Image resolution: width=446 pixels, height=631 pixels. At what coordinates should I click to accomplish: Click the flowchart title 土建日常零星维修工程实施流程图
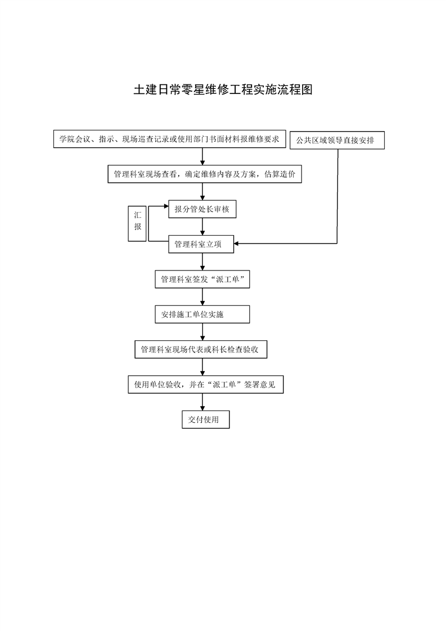[223, 90]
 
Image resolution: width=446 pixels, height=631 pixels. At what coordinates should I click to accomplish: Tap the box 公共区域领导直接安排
[337, 140]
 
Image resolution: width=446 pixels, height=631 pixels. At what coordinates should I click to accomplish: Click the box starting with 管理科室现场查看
[205, 174]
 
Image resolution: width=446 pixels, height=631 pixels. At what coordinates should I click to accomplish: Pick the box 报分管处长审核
[202, 209]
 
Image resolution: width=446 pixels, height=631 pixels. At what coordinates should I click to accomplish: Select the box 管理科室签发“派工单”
[202, 280]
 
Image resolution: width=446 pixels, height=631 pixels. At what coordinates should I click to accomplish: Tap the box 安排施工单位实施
[202, 314]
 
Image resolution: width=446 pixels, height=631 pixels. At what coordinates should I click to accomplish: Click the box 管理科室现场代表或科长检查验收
[200, 349]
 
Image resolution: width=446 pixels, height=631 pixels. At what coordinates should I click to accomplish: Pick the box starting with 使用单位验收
[205, 385]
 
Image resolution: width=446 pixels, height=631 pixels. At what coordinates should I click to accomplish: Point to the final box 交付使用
[205, 420]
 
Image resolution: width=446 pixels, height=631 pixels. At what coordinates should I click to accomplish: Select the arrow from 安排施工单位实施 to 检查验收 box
[202, 332]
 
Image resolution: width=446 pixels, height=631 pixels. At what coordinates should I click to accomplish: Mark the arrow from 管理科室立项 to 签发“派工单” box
[202, 262]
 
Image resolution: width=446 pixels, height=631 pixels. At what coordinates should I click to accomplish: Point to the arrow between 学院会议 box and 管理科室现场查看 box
[202, 157]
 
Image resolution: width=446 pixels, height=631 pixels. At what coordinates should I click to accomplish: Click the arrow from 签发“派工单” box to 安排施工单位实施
[202, 297]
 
